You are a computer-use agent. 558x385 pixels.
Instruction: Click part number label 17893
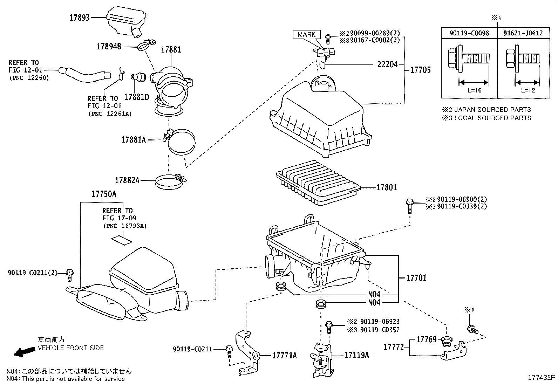(x=80, y=18)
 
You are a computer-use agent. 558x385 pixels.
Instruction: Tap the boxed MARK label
(x=306, y=34)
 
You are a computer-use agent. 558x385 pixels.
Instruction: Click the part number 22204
(x=387, y=64)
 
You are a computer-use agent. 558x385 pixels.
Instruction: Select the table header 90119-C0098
(x=469, y=33)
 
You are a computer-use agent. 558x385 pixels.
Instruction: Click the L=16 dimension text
(x=475, y=90)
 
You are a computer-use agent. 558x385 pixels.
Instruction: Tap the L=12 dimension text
(x=528, y=90)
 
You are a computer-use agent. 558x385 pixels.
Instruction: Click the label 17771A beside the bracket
(x=285, y=356)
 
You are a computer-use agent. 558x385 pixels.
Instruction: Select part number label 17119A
(x=356, y=355)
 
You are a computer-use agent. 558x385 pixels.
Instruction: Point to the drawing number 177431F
(x=542, y=378)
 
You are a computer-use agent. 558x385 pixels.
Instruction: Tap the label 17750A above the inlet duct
(x=104, y=194)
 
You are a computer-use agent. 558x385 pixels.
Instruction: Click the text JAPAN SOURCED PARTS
(x=492, y=110)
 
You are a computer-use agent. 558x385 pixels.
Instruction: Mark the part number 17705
(x=420, y=70)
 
